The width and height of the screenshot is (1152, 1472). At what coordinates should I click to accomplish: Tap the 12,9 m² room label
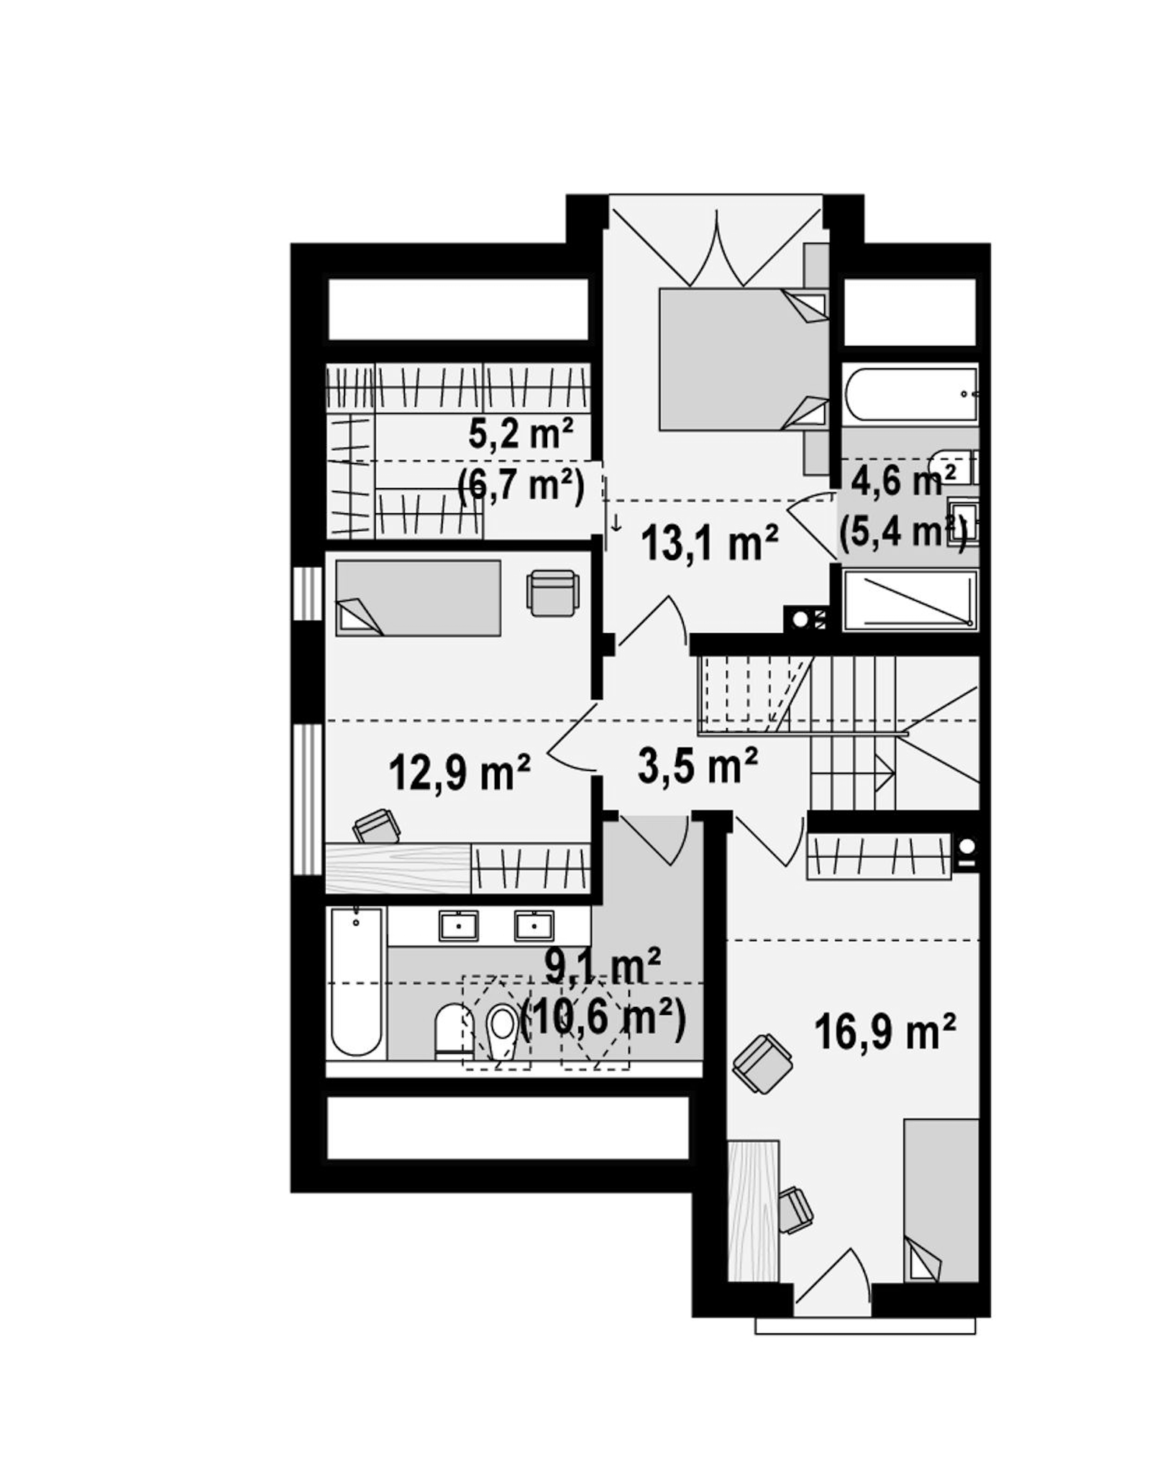[x=460, y=772]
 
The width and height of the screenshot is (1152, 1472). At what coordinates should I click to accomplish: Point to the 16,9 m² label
[x=884, y=1031]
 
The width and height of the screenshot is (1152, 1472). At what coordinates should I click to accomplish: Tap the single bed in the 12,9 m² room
[x=418, y=598]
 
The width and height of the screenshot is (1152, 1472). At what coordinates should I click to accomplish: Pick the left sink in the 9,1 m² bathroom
[x=458, y=926]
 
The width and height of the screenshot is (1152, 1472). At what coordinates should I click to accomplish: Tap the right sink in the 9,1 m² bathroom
[x=534, y=926]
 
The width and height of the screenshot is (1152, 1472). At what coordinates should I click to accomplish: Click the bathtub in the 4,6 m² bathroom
[x=910, y=394]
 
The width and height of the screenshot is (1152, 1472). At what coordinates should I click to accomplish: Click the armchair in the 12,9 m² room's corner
[x=552, y=593]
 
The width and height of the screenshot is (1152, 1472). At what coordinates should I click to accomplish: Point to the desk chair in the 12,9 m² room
[x=377, y=826]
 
